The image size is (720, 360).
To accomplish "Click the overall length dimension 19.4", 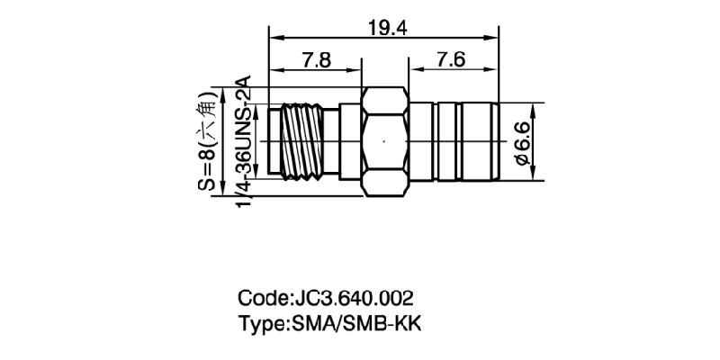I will point(387,27).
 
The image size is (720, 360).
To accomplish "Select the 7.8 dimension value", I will point(316,60).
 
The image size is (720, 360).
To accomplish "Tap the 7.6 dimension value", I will point(450,60).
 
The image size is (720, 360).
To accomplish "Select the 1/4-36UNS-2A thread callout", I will point(242,144).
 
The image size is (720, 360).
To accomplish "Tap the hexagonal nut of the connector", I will point(384,142).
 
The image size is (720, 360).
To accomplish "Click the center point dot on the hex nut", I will point(384,142).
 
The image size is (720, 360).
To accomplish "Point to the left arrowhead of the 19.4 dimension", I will point(275,38).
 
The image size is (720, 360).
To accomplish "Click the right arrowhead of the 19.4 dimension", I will point(494,38).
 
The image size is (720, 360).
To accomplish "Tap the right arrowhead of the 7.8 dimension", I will point(356,70).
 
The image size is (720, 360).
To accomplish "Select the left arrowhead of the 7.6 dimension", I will point(414,70).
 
